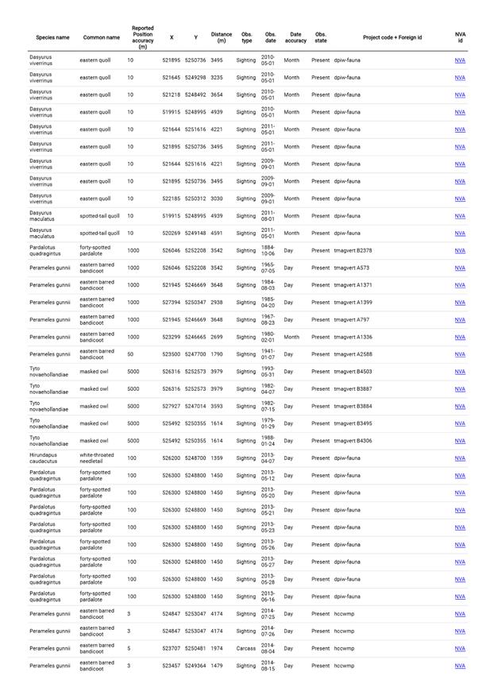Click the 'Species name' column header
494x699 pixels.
[x=52, y=37]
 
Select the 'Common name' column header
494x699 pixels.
[x=102, y=37]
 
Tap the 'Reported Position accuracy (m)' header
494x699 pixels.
[x=143, y=37]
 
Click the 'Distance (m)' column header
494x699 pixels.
[x=222, y=37]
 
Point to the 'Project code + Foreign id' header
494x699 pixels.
[x=392, y=37]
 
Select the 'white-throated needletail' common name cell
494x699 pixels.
[x=98, y=458]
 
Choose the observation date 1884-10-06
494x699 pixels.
[x=268, y=250]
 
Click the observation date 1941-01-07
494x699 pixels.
[x=268, y=354]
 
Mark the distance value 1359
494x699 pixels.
[x=217, y=458]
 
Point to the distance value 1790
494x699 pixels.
[x=217, y=354]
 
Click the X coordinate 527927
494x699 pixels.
[x=172, y=406]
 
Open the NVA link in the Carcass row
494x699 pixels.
[x=460, y=648]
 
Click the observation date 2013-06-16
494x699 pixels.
[x=268, y=597]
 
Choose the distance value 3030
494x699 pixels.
[x=217, y=199]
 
